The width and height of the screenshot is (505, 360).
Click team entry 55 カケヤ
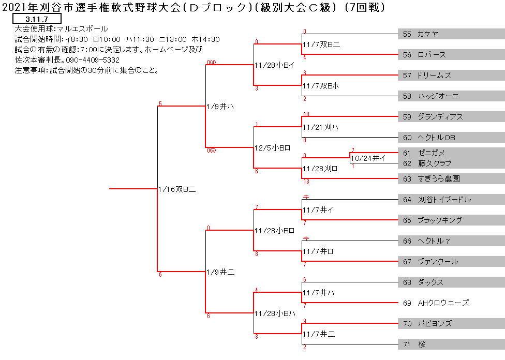[420, 34]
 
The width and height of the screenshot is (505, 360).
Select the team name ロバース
[432, 55]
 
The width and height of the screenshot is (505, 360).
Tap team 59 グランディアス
[433, 117]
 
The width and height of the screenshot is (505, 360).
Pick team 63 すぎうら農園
[431, 179]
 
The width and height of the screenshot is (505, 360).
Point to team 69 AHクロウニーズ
[436, 303]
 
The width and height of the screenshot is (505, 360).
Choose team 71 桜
[414, 344]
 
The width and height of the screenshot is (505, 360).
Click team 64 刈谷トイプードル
[437, 200]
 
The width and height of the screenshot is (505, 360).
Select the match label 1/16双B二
[177, 189]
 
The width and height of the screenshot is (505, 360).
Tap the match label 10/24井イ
[368, 158]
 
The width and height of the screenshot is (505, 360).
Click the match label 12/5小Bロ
[273, 148]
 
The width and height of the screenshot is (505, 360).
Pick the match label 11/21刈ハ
[320, 127]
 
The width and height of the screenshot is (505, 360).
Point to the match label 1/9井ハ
[220, 107]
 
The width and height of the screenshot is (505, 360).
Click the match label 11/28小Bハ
[275, 313]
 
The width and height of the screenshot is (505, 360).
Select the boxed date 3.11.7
[37, 19]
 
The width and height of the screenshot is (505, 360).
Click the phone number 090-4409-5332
[93, 60]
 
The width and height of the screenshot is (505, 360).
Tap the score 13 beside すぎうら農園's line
[306, 182]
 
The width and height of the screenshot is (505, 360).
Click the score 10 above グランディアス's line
[306, 114]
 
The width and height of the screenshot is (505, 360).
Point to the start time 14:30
[210, 40]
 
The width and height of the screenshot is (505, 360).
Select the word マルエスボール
[82, 29]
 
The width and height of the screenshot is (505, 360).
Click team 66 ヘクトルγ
[426, 241]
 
